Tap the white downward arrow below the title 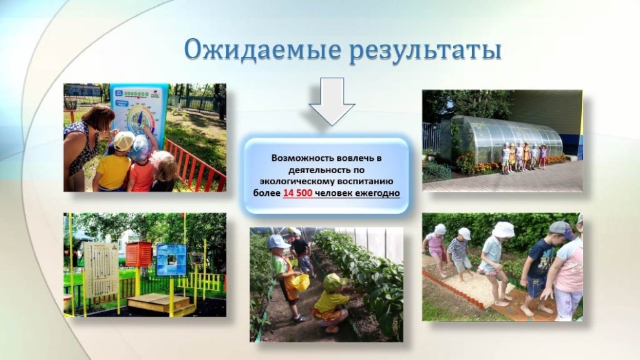click(x=332, y=101)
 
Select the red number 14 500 click(x=297, y=193)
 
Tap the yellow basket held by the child click(x=300, y=282)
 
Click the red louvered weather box click(x=138, y=254)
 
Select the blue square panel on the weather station click(x=171, y=260)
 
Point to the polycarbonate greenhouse click(x=506, y=140)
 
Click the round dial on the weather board click(x=138, y=120)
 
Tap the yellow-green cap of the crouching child click(x=335, y=281)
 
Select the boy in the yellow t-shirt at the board click(x=113, y=164)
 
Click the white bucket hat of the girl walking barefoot click(x=503, y=229)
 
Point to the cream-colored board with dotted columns click(x=101, y=270)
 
